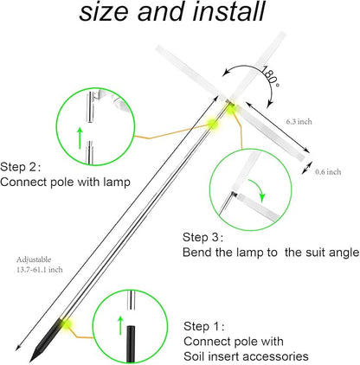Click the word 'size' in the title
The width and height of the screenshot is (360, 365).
click(x=105, y=12)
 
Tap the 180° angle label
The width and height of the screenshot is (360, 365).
click(x=271, y=75)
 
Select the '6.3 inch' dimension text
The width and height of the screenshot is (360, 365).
click(x=299, y=122)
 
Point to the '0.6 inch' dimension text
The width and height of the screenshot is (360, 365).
click(x=328, y=172)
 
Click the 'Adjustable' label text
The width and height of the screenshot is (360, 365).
click(x=34, y=259)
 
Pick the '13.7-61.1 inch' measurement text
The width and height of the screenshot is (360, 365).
click(x=40, y=270)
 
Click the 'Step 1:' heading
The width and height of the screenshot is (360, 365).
click(x=204, y=326)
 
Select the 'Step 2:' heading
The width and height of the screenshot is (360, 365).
click(x=21, y=167)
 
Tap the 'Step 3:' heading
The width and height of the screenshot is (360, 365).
click(x=203, y=238)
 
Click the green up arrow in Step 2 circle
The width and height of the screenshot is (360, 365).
click(x=80, y=138)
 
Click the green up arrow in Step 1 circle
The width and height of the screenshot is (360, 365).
click(x=120, y=325)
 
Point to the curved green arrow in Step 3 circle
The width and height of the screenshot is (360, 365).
click(x=259, y=188)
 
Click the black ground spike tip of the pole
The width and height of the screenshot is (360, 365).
click(x=30, y=361)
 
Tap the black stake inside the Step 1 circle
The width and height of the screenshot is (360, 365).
click(x=131, y=343)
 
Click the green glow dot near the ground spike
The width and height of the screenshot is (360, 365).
click(x=66, y=324)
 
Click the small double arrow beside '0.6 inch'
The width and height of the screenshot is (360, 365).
click(x=307, y=168)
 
